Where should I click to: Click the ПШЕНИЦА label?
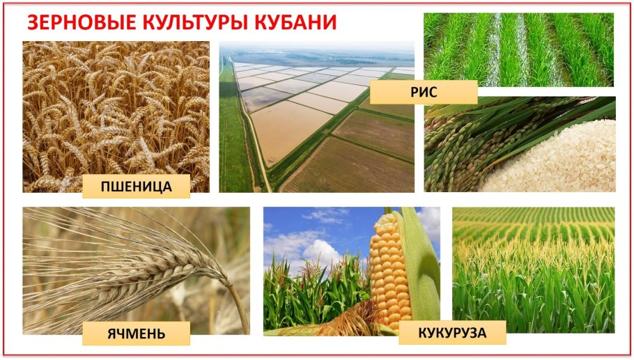pyautogui.click(x=136, y=186)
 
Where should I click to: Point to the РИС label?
pyautogui.click(x=424, y=92)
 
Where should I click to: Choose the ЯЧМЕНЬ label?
pyautogui.click(x=136, y=333)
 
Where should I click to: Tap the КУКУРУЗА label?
pyautogui.click(x=452, y=333)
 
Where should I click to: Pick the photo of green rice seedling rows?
pyautogui.click(x=518, y=49)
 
